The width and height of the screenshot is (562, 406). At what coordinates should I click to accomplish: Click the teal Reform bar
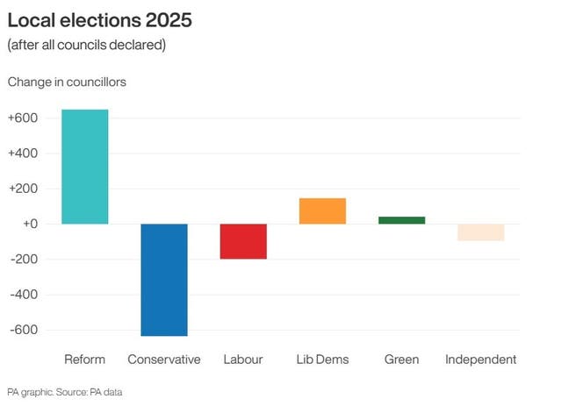[x=84, y=167]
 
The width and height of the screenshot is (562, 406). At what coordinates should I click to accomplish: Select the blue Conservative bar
[x=163, y=280]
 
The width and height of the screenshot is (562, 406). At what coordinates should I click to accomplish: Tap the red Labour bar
[x=243, y=241]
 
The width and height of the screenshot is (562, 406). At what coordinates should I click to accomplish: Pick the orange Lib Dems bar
[x=322, y=211]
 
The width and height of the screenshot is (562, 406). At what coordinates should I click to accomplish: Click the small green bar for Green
[x=401, y=220]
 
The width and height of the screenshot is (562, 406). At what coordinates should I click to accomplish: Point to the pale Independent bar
[x=480, y=232]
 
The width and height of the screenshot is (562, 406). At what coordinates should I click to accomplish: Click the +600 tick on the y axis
[x=23, y=118]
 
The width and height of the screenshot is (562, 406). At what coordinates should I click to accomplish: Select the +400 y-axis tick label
[x=23, y=153]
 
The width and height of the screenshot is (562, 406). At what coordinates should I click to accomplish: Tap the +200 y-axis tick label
[x=23, y=189]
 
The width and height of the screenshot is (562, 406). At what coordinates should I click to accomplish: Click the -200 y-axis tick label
[x=24, y=260]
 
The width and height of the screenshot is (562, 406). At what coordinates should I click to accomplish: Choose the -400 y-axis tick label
[x=24, y=295]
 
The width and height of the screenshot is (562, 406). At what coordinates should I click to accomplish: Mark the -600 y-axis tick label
[x=24, y=330]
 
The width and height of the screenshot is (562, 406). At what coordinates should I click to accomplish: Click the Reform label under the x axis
[x=84, y=360]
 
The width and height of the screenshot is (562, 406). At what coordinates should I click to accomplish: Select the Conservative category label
[x=163, y=360]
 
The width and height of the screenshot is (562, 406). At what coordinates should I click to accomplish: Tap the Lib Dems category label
[x=322, y=360]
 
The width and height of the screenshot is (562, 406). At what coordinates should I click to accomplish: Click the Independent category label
[x=480, y=360]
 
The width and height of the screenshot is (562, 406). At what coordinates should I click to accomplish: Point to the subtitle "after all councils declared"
[x=86, y=45]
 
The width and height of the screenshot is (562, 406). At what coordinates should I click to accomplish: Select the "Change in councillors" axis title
[x=67, y=82]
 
